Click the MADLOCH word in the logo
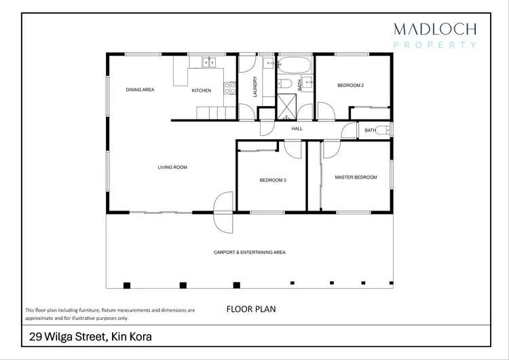tap(435, 29)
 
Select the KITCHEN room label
tap(201, 90)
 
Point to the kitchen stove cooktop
tap(232, 88)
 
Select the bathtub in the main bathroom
tap(293, 66)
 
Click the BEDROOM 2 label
tap(351, 86)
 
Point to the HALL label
tap(297, 128)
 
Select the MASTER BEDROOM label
tap(356, 177)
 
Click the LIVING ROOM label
tap(172, 167)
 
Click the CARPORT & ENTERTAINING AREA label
tap(249, 252)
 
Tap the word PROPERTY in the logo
tap(435, 45)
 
